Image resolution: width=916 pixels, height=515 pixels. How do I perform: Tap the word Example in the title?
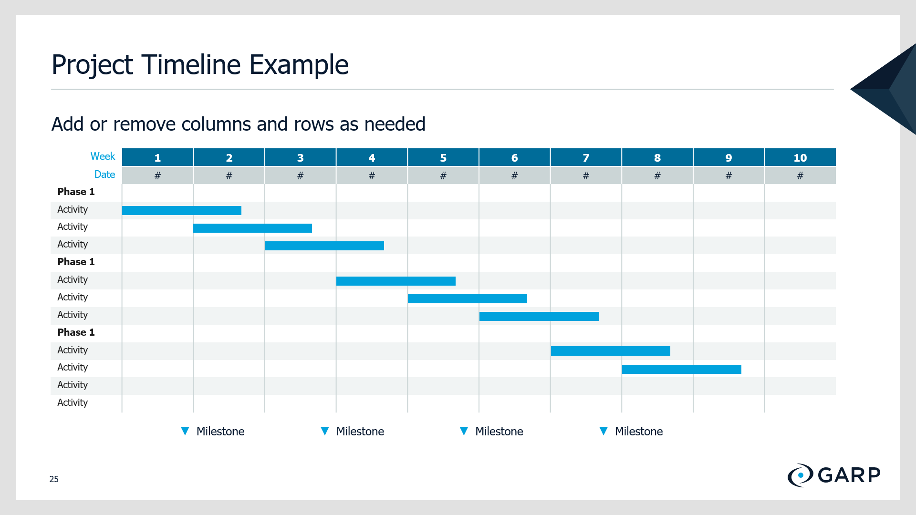[299, 65]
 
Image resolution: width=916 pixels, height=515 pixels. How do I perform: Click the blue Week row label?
[103, 156]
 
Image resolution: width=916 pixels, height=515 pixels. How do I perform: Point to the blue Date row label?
[104, 175]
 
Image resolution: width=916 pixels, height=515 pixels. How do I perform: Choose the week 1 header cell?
[157, 157]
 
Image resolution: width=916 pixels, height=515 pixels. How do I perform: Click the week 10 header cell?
[800, 157]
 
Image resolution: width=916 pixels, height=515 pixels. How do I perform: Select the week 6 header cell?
[514, 157]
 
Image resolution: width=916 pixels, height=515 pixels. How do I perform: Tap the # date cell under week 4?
[372, 175]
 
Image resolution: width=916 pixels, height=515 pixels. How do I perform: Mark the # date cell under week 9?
[729, 175]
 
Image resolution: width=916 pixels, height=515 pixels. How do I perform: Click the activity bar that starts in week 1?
[182, 210]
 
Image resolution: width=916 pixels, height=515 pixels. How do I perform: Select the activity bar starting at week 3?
[324, 246]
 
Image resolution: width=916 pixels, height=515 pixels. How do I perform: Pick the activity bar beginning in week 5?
[468, 299]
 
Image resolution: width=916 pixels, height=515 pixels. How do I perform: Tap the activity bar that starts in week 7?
[611, 351]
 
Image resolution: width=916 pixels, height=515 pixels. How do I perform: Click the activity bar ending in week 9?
[682, 369]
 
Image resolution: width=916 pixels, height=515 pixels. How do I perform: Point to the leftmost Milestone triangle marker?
[185, 431]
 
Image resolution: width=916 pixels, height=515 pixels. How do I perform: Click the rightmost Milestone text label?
[639, 432]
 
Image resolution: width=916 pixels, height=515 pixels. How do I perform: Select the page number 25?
[54, 479]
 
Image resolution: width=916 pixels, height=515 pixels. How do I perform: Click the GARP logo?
[834, 475]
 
